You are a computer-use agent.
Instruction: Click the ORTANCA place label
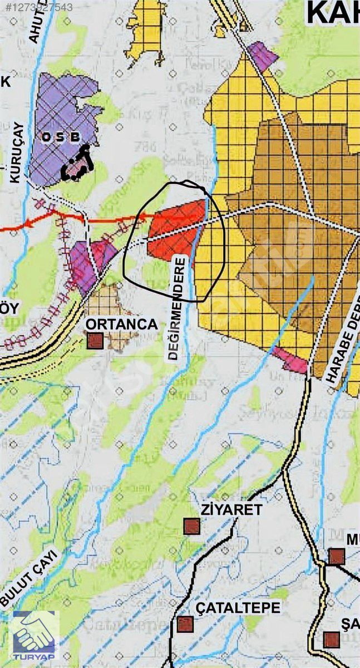pyautogui.click(x=122, y=325)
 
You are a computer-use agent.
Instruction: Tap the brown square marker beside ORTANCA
pyautogui.click(x=95, y=341)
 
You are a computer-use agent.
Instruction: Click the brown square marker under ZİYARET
pyautogui.click(x=192, y=526)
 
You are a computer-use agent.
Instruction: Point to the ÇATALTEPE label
pyautogui.click(x=236, y=607)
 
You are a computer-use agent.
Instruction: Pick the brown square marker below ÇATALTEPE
pyautogui.click(x=185, y=624)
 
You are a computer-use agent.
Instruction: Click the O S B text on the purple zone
pyautogui.click(x=61, y=136)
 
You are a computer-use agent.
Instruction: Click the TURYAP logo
pyautogui.click(x=36, y=636)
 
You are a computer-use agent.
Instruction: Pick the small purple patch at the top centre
pyautogui.click(x=263, y=56)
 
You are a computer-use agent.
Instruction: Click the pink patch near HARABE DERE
pyautogui.click(x=291, y=361)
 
